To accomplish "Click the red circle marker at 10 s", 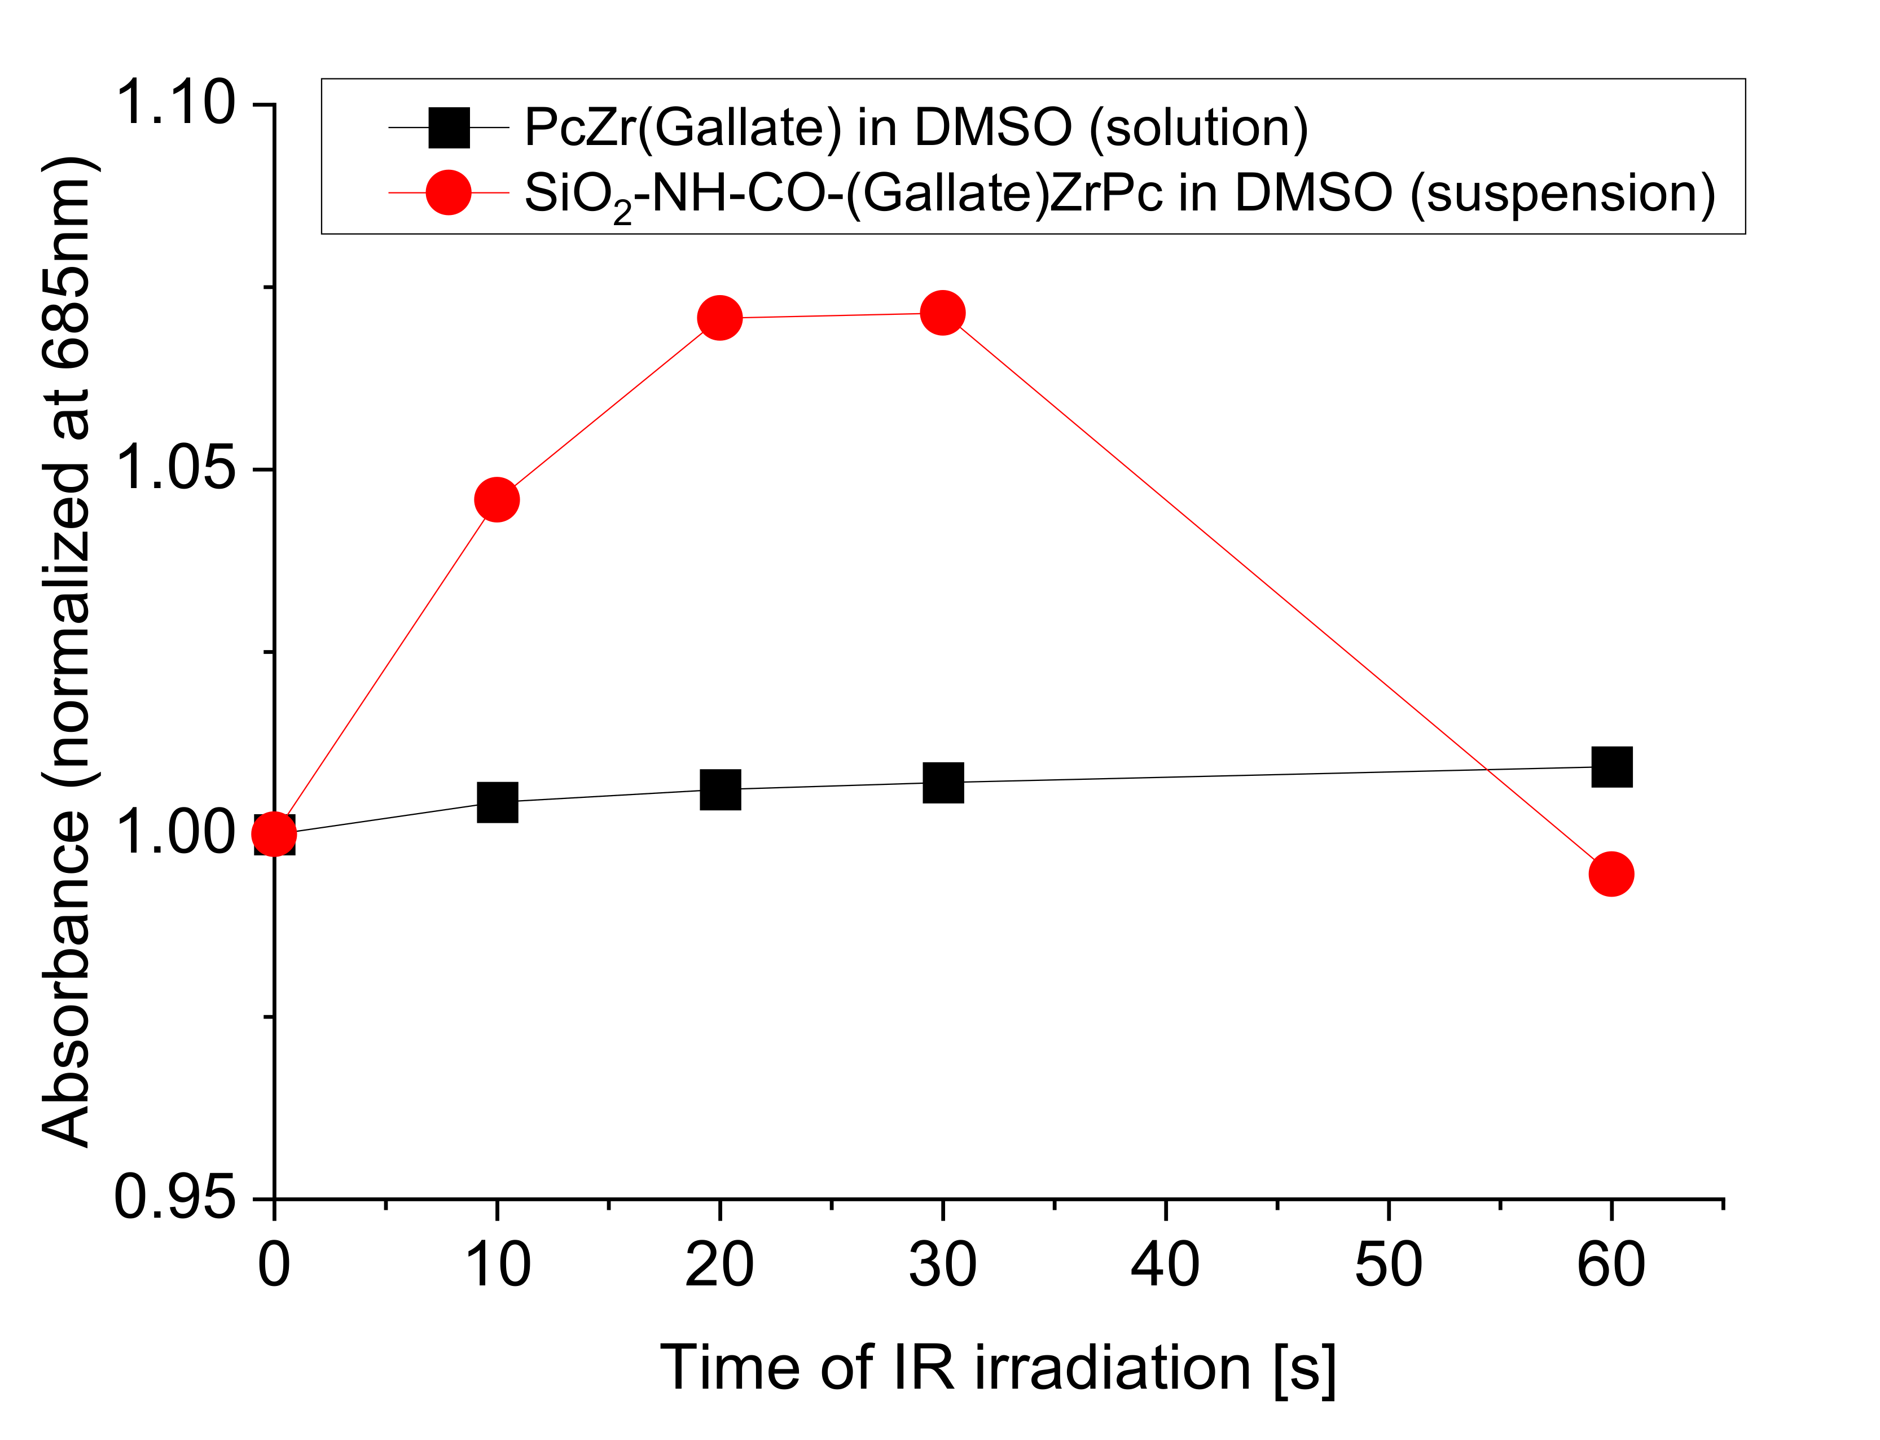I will pyautogui.click(x=497, y=499).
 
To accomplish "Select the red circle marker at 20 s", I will pyautogui.click(x=720, y=318).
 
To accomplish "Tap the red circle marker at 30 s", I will pyautogui.click(x=943, y=313).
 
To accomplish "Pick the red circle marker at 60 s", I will pyautogui.click(x=1611, y=873).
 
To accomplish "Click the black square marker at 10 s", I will pyautogui.click(x=497, y=801).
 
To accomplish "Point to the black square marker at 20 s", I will pyautogui.click(x=720, y=789).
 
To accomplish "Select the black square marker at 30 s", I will pyautogui.click(x=943, y=782).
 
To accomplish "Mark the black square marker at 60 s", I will pyautogui.click(x=1611, y=766).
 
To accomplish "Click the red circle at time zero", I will pyautogui.click(x=274, y=834).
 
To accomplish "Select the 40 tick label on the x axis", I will pyautogui.click(x=1165, y=1265).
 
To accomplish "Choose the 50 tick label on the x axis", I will pyautogui.click(x=1388, y=1265).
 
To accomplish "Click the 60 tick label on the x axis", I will pyautogui.click(x=1611, y=1265).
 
